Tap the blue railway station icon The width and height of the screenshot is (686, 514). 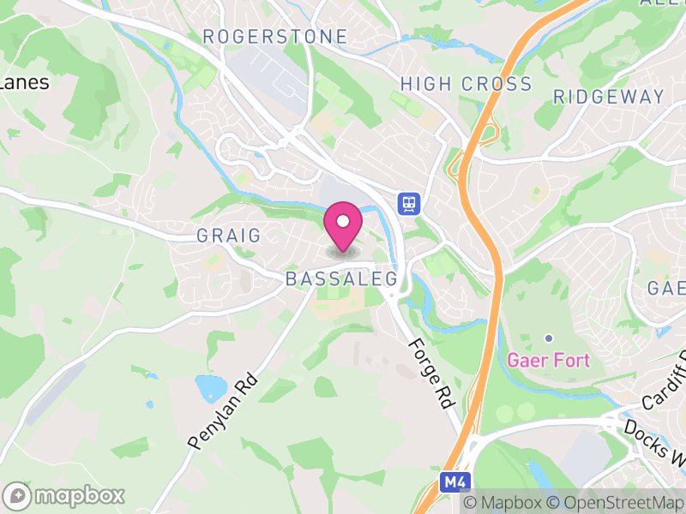click(408, 203)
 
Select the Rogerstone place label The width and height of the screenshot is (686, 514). click(275, 37)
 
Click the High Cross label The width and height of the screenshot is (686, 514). click(466, 84)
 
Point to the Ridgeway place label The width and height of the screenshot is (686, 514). click(609, 97)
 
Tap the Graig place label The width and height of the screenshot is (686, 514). click(228, 236)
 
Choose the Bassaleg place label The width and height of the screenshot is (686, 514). click(341, 279)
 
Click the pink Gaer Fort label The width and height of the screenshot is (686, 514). click(549, 360)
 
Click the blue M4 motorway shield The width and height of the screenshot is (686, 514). click(454, 482)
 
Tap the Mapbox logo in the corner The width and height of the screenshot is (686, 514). click(64, 495)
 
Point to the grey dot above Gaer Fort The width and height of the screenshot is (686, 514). click(549, 338)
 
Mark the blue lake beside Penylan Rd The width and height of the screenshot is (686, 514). click(210, 388)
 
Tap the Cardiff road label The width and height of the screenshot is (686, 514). click(665, 381)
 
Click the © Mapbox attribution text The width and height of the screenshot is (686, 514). click(502, 503)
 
